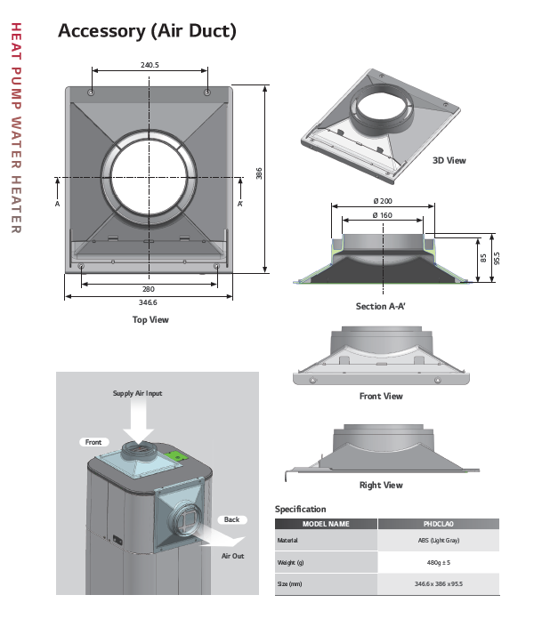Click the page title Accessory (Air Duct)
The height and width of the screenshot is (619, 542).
[147, 31]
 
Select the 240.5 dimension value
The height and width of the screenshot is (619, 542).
[150, 65]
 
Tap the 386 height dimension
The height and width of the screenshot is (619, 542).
[259, 175]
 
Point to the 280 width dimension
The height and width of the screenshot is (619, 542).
[150, 290]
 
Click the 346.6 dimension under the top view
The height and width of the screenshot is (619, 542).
[150, 303]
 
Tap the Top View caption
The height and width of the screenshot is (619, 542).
[150, 319]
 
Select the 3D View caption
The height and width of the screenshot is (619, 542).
[449, 161]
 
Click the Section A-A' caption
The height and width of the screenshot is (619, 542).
[381, 306]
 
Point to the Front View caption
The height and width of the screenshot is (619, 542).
[381, 396]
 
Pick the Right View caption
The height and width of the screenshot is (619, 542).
[381, 485]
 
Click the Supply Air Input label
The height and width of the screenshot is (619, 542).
[137, 393]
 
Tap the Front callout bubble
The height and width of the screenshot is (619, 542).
[93, 442]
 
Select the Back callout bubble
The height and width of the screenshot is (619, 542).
[231, 519]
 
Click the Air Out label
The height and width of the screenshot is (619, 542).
[232, 556]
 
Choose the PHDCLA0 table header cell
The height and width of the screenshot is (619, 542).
[438, 524]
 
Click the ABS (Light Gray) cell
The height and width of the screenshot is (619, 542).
[438, 540]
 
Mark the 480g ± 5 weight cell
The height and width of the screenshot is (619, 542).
[438, 562]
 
